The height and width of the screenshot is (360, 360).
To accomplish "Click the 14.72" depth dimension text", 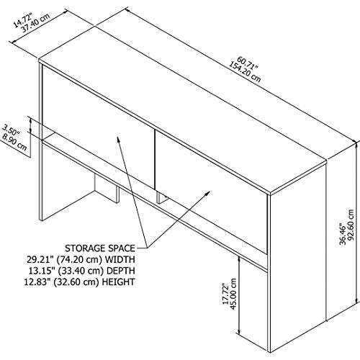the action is [23, 21].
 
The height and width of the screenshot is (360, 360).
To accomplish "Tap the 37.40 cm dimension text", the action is [35, 23].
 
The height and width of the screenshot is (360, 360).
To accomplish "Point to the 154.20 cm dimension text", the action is [244, 72].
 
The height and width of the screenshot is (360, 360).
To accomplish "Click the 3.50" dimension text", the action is [12, 130].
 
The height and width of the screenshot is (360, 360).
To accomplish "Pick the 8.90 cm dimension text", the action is [14, 143].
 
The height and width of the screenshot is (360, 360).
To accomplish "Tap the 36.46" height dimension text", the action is [343, 234].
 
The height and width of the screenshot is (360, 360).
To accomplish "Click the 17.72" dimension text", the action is [225, 294].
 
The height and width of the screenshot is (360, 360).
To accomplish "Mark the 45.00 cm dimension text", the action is [234, 294].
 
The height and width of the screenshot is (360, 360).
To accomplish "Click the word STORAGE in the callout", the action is [85, 248].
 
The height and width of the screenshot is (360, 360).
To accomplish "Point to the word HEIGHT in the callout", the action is [118, 282].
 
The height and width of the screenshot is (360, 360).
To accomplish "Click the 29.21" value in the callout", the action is [40, 259].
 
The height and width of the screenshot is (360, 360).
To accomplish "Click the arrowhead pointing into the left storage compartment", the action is [118, 140].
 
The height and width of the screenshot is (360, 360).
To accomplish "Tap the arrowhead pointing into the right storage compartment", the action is [207, 194].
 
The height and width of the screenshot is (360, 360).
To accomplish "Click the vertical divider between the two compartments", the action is [154, 159].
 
